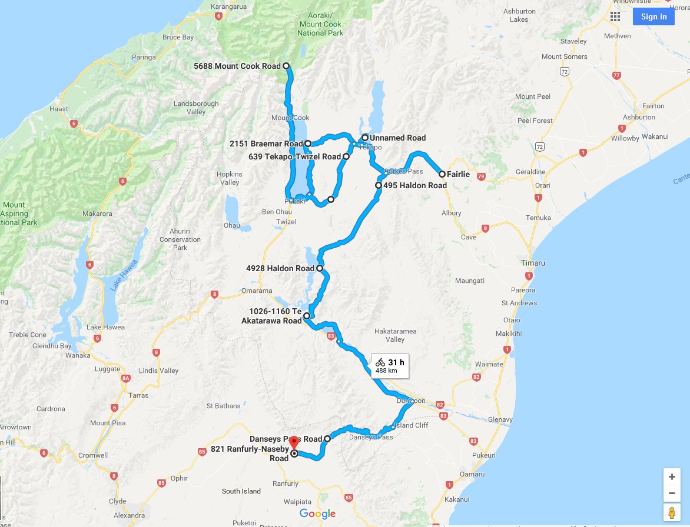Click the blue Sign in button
tap(653, 16)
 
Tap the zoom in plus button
tap(672, 477)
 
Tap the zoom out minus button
tap(672, 493)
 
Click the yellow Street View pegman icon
tap(672, 512)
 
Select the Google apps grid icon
tap(615, 16)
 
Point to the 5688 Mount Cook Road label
tap(237, 66)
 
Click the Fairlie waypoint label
tap(458, 174)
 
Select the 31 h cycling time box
tap(390, 366)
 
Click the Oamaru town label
tap(472, 474)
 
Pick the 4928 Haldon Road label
tap(280, 269)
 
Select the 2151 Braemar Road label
tap(266, 144)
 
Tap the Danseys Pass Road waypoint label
tap(286, 439)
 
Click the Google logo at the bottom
tap(317, 514)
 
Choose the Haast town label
tap(59, 109)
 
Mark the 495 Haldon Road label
tap(414, 185)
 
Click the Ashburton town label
tap(639, 117)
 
